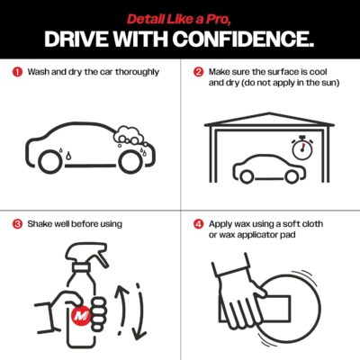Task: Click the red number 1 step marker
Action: coord(17,72)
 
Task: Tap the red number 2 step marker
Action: coord(198,72)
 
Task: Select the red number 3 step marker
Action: coord(17,224)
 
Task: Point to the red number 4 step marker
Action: coord(198,224)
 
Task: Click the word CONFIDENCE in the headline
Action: coord(243,39)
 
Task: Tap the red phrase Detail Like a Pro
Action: coord(179,20)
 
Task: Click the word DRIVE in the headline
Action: coord(76,39)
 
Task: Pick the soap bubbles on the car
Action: coord(125,135)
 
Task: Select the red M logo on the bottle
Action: coord(81,315)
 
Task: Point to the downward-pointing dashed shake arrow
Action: coord(139,311)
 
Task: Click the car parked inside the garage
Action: coord(269,168)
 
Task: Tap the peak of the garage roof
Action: coord(269,113)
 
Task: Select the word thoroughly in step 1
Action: coord(137,72)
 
